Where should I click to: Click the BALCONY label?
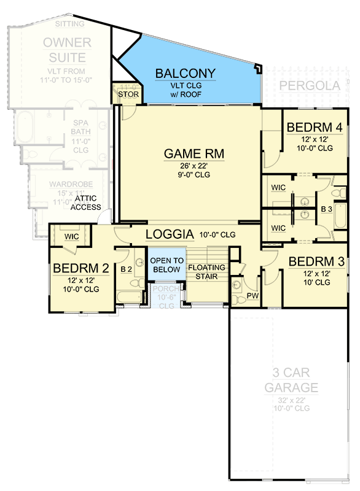tap(186, 74)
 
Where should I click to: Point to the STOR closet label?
tap(127, 95)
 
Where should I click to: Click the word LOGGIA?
tap(170, 234)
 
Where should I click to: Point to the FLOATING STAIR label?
tap(206, 272)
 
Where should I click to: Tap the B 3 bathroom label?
tap(327, 209)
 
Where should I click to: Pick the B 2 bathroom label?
tap(126, 269)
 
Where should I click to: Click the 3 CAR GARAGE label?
tap(291, 380)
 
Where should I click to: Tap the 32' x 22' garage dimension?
tap(291, 400)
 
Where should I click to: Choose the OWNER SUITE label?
tap(67, 50)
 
